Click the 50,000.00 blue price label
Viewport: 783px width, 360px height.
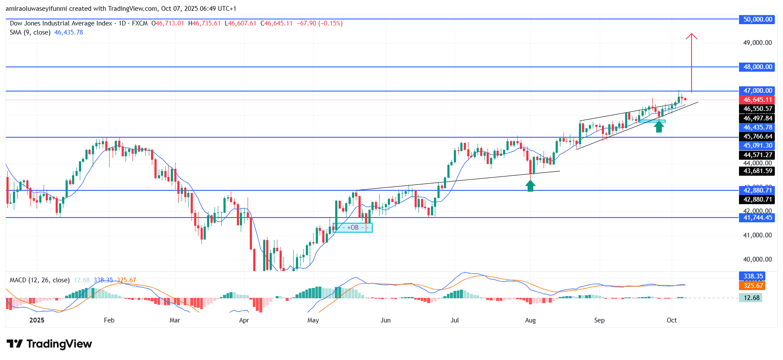[758, 19]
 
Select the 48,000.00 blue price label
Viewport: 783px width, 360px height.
[758, 67]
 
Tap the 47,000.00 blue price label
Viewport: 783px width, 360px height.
[758, 91]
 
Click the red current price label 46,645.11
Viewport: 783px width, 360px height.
[758, 100]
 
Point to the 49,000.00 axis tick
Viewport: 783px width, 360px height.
[757, 43]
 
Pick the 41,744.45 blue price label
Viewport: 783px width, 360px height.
[758, 218]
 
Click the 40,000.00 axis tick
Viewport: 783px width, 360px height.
[757, 259]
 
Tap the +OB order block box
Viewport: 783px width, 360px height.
[353, 227]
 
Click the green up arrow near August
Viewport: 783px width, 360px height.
[530, 186]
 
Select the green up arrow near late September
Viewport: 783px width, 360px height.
[658, 126]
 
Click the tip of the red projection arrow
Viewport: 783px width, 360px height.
[692, 34]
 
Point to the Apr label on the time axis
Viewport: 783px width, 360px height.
[244, 320]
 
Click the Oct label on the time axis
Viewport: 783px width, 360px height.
[672, 320]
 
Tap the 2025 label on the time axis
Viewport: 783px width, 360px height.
[37, 320]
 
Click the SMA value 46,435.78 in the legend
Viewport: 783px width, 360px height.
[69, 32]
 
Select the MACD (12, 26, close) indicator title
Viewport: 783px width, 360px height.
[40, 280]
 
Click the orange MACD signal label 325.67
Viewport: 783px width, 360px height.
[753, 285]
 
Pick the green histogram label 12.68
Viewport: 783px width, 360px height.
[752, 298]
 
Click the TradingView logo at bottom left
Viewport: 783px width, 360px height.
[49, 344]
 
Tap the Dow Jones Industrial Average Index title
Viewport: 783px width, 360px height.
[61, 23]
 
